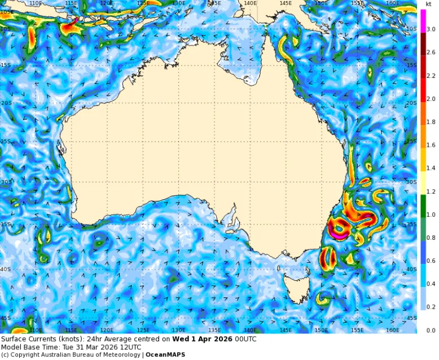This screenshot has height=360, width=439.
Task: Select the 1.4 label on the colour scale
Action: tap(431, 168)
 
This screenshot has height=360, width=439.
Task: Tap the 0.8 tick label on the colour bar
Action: tap(431, 238)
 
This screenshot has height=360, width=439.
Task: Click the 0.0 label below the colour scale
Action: tap(431, 330)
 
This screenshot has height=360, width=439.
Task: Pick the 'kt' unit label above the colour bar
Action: tap(429, 4)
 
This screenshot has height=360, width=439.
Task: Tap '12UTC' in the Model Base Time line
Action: tap(130, 347)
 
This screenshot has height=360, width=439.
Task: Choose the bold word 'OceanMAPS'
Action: tap(165, 355)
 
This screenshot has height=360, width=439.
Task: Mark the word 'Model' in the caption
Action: tap(11, 347)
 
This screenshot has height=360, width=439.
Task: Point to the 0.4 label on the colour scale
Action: tap(431, 284)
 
